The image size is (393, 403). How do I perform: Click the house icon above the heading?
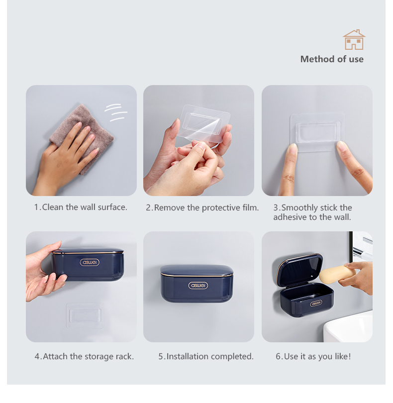click(x=354, y=40)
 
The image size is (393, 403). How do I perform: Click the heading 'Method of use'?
click(x=332, y=59)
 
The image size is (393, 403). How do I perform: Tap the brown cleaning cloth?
click(x=85, y=134)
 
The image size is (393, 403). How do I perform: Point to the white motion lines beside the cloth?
click(x=116, y=112)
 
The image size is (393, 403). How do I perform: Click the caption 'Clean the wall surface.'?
click(x=85, y=207)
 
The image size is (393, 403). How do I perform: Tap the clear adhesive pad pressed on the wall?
click(x=317, y=131)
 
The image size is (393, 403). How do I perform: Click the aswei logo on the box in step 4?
click(x=90, y=262)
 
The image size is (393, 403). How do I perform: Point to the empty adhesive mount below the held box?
click(x=85, y=315)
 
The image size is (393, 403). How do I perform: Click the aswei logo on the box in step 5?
click(x=198, y=286)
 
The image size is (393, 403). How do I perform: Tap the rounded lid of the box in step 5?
click(x=197, y=271)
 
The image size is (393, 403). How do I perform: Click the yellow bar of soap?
click(x=337, y=274)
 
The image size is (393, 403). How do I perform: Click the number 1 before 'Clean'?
click(x=36, y=207)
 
